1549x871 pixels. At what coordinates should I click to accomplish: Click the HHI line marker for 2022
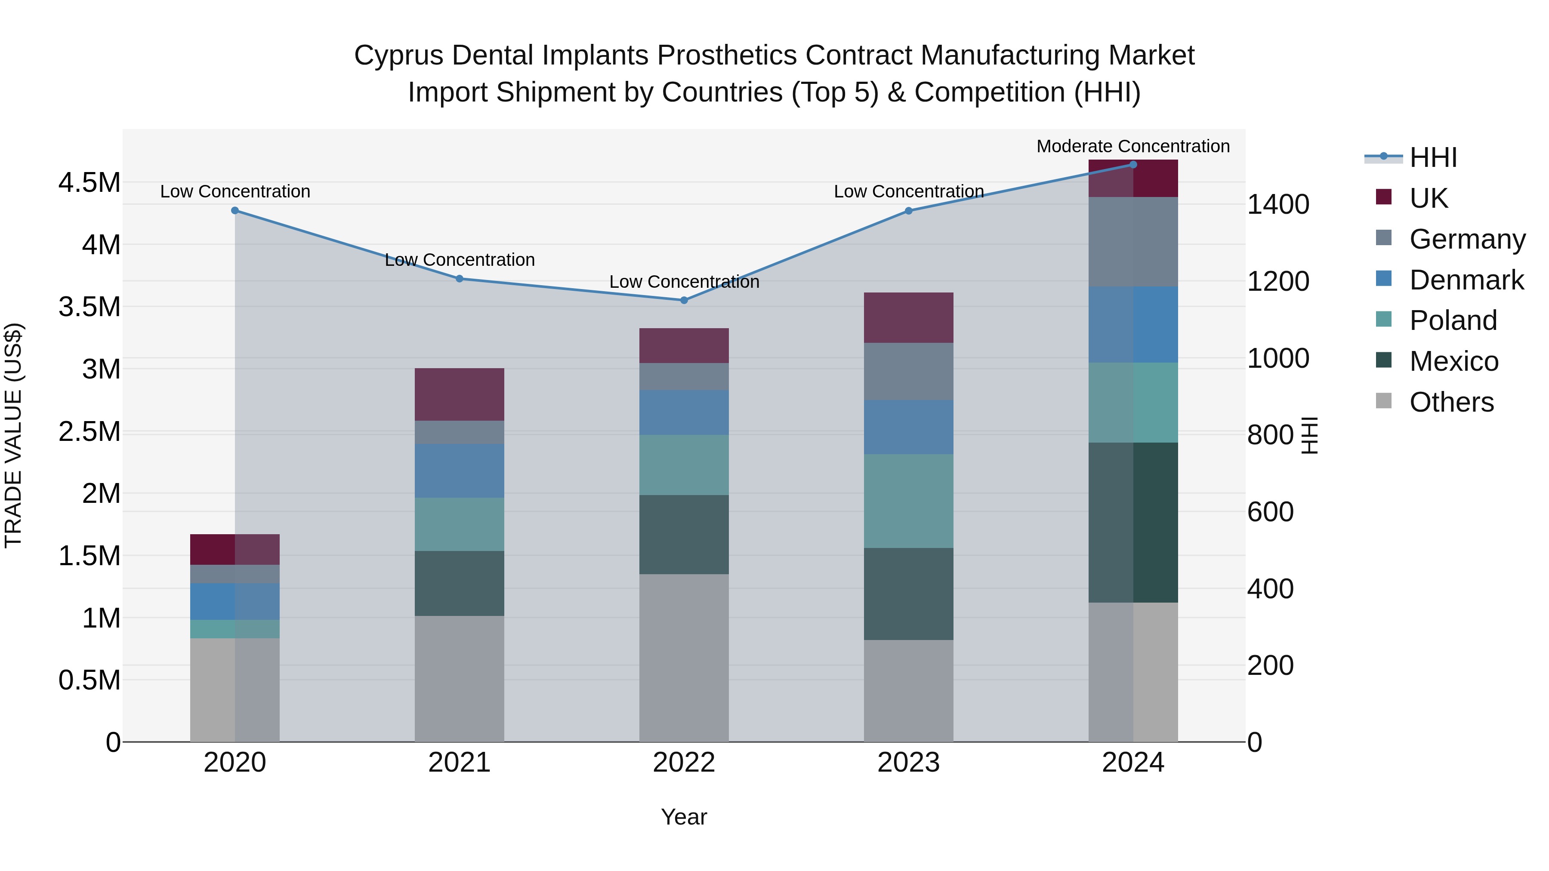point(684,300)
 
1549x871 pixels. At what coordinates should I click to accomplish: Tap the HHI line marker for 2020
point(235,210)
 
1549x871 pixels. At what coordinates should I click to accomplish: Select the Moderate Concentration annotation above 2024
point(1133,146)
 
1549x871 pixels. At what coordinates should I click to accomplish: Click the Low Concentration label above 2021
point(460,260)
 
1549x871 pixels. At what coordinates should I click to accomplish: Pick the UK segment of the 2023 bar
point(909,317)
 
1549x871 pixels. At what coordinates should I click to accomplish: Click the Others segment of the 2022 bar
point(684,658)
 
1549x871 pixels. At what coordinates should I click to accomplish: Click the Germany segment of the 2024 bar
point(1133,242)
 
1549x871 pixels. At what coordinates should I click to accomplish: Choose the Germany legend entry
point(1467,239)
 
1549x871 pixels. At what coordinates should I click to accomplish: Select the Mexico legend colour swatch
point(1384,360)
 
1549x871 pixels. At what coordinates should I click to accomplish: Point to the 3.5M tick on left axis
point(89,307)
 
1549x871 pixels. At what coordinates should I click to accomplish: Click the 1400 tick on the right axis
point(1278,204)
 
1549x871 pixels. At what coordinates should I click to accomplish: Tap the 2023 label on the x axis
point(909,763)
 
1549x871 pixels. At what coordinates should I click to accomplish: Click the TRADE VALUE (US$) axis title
point(13,435)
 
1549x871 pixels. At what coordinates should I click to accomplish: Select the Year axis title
point(684,817)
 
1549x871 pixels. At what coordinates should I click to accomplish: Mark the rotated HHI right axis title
point(1309,435)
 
